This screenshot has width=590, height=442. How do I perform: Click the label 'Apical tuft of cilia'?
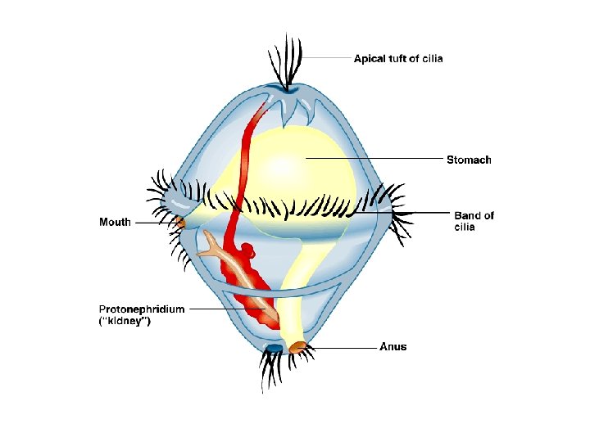(397, 59)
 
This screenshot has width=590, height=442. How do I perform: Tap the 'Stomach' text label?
(469, 160)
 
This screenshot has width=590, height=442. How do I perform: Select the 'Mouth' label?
(115, 222)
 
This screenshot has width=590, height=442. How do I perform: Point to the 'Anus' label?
(393, 347)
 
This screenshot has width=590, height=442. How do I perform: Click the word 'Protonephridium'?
(142, 309)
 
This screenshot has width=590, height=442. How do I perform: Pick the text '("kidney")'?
(125, 322)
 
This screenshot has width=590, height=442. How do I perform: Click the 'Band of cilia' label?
(474, 221)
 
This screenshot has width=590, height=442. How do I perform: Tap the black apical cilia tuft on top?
(286, 61)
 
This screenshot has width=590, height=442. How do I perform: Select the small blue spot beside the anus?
(275, 349)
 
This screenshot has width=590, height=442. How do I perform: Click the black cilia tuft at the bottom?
(272, 372)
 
